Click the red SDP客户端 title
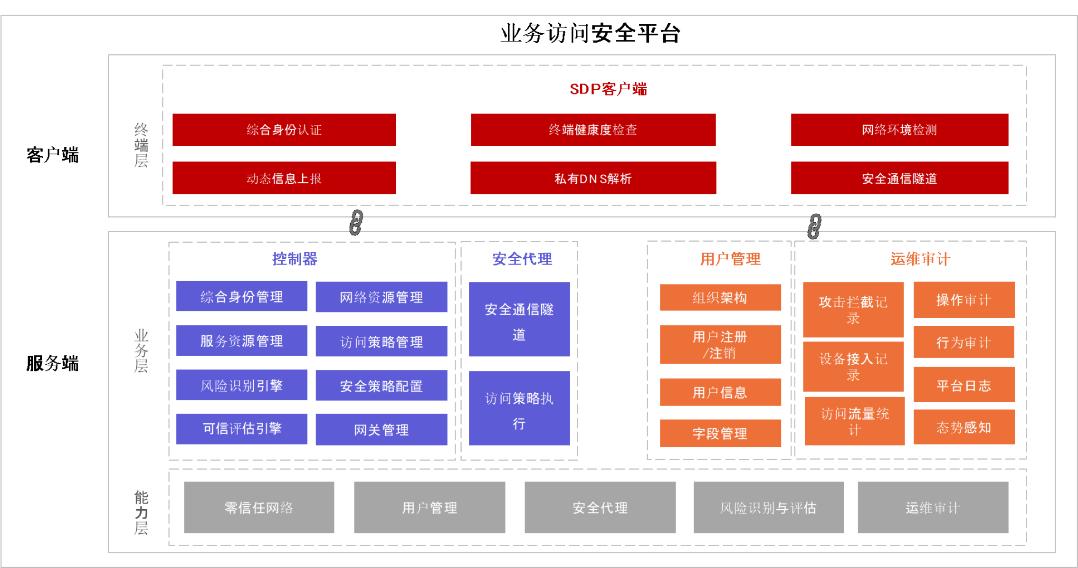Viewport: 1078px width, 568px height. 608,89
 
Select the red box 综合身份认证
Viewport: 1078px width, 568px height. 284,130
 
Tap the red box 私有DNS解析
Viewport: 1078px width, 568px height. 593,178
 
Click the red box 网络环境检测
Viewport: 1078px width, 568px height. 899,130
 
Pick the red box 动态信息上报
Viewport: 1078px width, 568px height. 284,178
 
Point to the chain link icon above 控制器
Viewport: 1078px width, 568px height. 356,222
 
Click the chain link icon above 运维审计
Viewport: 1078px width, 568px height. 814,226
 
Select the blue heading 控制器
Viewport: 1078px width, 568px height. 295,259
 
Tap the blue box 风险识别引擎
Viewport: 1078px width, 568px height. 242,385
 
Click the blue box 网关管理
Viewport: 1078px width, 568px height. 381,429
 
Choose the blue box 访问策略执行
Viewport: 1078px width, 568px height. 519,408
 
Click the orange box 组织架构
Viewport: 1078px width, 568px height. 720,298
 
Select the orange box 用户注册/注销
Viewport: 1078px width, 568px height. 720,344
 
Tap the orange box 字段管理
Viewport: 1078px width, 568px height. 720,433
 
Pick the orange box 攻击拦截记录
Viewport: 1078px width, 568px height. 853,310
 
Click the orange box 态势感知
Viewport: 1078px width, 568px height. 964,427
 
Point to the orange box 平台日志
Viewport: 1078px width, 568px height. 964,385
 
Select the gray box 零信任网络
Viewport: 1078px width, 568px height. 259,507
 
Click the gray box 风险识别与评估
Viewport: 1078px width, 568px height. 768,507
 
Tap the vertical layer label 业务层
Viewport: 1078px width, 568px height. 141,350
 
